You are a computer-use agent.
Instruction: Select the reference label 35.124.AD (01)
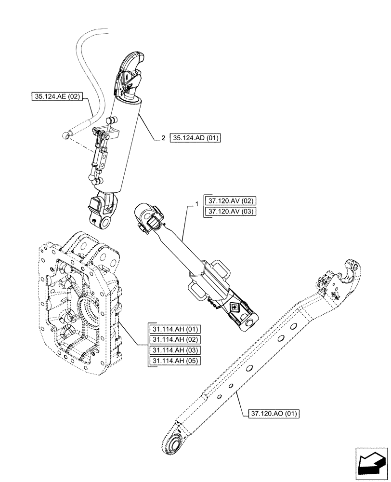[x=195, y=138]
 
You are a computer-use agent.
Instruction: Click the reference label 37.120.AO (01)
[x=274, y=413]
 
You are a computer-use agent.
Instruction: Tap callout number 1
[x=196, y=205]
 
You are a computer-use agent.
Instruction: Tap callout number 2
[x=163, y=138]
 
